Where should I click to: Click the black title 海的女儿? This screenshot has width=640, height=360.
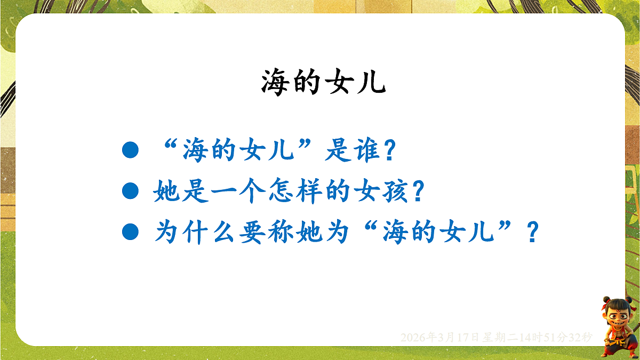click(x=323, y=83)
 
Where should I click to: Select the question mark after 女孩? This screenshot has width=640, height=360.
click(x=417, y=192)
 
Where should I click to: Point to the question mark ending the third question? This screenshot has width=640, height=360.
click(x=531, y=233)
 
